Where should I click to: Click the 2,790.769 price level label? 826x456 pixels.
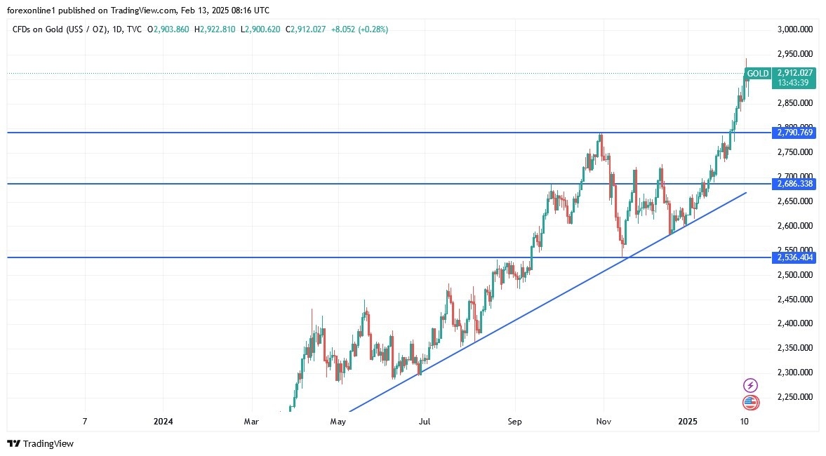pyautogui.click(x=795, y=132)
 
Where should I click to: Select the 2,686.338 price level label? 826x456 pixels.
pyautogui.click(x=795, y=184)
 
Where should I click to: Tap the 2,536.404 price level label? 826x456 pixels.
pyautogui.click(x=795, y=257)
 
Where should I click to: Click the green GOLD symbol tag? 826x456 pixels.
pyautogui.click(x=757, y=73)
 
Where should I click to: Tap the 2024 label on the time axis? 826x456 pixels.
pyautogui.click(x=163, y=422)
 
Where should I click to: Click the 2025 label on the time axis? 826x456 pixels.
pyautogui.click(x=688, y=422)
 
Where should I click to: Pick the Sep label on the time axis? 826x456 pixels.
pyautogui.click(x=515, y=422)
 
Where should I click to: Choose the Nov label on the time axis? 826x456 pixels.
pyautogui.click(x=604, y=422)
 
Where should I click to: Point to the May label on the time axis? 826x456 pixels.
pyautogui.click(x=338, y=422)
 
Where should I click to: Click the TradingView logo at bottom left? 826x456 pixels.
pyautogui.click(x=40, y=443)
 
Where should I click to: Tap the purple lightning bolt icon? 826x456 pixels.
pyautogui.click(x=750, y=385)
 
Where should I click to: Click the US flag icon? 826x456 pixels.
pyautogui.click(x=750, y=403)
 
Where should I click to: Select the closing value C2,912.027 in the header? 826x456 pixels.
pyautogui.click(x=305, y=29)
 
